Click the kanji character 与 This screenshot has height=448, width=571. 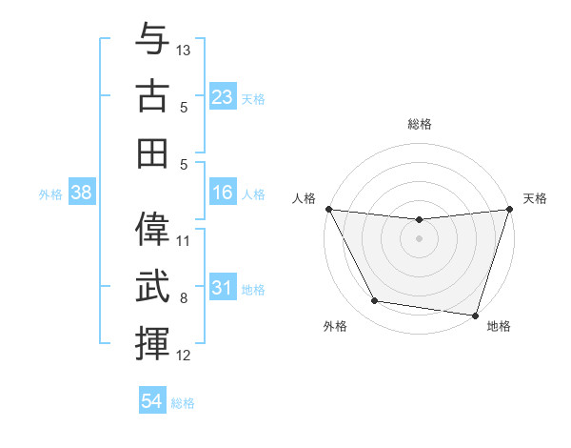point(153,40)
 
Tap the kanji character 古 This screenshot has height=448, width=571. point(153,95)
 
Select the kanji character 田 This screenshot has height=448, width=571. point(153,153)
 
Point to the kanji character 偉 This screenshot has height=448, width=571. point(153,230)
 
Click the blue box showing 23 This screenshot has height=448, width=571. point(222,97)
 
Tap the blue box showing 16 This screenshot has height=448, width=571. point(222,193)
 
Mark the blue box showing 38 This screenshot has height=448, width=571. point(82,193)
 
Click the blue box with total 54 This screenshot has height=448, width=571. point(152,402)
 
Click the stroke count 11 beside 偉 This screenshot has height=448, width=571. point(185,240)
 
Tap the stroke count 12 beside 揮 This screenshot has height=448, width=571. point(185,356)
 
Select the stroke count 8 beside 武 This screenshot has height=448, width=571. point(185,298)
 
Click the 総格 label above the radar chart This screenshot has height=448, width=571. point(420,124)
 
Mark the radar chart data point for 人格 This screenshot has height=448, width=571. point(328,209)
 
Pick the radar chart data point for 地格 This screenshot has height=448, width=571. point(475,315)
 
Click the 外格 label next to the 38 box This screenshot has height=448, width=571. point(50,194)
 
